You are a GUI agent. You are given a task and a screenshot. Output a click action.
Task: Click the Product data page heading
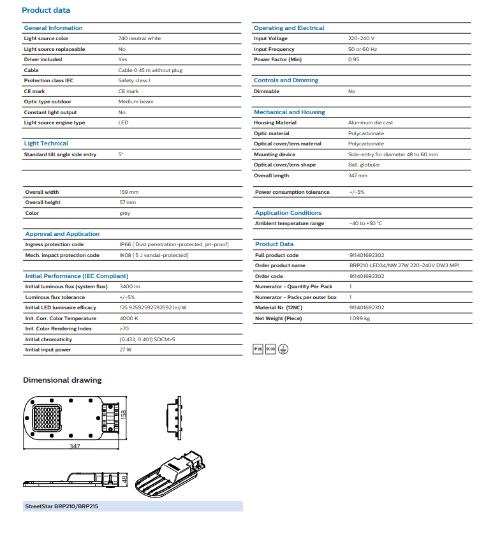46,10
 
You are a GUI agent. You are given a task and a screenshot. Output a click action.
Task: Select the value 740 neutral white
139,39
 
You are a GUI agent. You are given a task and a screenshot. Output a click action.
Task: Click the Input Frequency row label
274,49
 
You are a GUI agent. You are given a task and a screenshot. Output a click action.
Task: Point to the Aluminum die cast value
370,122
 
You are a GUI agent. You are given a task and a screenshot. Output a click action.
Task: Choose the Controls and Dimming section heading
286,80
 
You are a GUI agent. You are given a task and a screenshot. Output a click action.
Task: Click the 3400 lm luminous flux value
129,286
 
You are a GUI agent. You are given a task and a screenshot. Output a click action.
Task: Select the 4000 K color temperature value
128,318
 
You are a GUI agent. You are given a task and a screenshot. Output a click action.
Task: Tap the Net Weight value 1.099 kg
359,318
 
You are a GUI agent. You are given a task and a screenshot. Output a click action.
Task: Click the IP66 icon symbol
258,349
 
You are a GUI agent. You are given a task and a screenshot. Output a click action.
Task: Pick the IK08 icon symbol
270,349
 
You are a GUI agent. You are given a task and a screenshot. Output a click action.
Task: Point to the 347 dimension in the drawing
75,446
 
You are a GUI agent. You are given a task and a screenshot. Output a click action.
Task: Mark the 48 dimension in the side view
125,478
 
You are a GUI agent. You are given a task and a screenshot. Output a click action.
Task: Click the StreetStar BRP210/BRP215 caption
61,506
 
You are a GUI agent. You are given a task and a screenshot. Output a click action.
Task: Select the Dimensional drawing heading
62,380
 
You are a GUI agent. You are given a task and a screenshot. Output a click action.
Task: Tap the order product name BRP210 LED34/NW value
404,265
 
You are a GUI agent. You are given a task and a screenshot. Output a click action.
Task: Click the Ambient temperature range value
365,223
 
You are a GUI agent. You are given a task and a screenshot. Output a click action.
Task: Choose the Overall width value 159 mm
129,192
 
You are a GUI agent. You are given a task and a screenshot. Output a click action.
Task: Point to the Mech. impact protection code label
62,255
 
